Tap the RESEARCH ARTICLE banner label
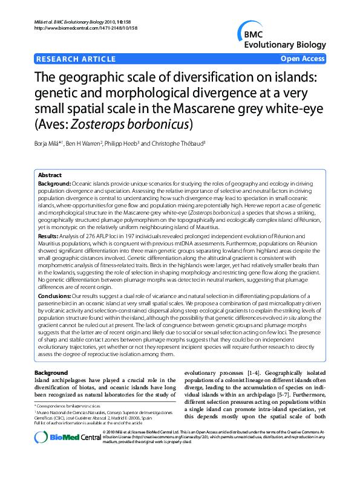(76, 59)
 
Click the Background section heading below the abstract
(51, 373)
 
